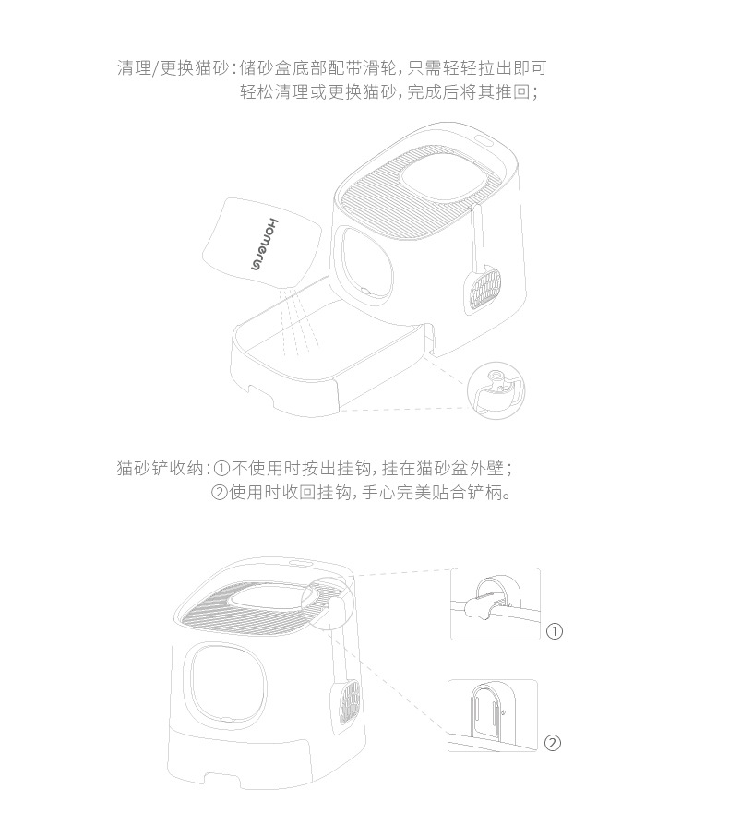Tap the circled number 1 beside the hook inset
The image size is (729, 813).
coord(554,632)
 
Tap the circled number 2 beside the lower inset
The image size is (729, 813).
coord(552,743)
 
